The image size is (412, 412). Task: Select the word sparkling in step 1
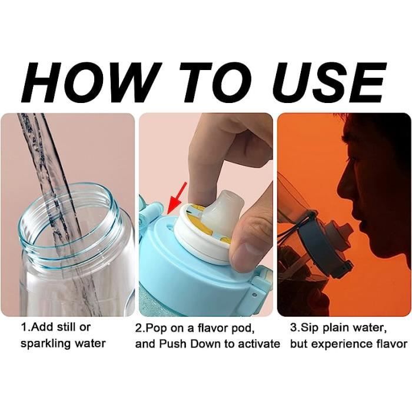pos(45,343)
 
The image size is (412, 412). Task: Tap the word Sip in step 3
pos(310,328)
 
